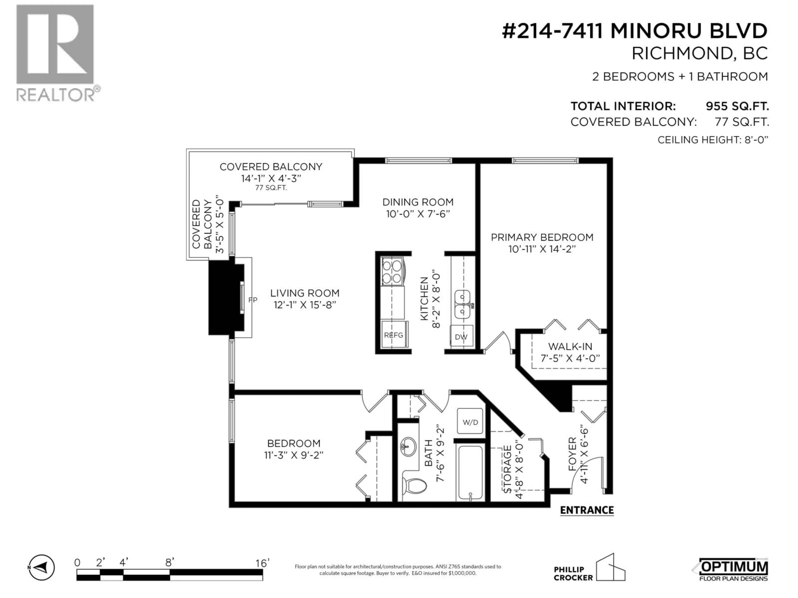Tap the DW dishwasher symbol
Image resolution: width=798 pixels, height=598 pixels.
click(x=461, y=337)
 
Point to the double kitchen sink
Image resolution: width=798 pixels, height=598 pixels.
click(x=462, y=304)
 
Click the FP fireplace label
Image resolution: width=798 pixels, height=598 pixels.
click(x=252, y=300)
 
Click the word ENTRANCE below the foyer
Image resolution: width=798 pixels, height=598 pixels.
click(x=587, y=510)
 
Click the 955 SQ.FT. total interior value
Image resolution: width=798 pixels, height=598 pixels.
click(x=737, y=106)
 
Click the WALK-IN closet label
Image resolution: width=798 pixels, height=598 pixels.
click(x=570, y=346)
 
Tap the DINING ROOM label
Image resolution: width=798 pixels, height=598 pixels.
click(x=418, y=202)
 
